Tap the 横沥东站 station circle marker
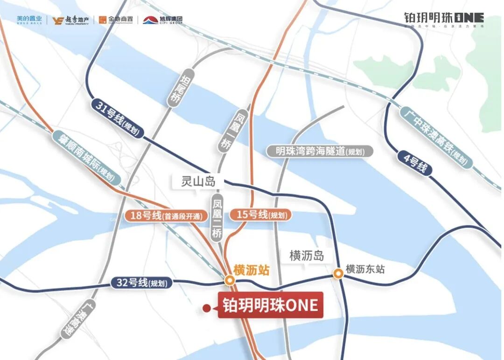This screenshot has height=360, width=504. [337, 274]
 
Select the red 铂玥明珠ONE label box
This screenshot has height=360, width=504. [270, 305]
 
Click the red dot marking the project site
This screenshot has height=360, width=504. [206, 308]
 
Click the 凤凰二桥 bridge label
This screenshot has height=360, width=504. [217, 219]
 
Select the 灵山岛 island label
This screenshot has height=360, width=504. [198, 182]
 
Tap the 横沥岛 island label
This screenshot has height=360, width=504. [307, 256]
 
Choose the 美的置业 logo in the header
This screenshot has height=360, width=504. [29, 20]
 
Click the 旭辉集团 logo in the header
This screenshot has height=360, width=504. [163, 20]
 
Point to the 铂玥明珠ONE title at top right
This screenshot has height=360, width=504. [443, 18]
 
